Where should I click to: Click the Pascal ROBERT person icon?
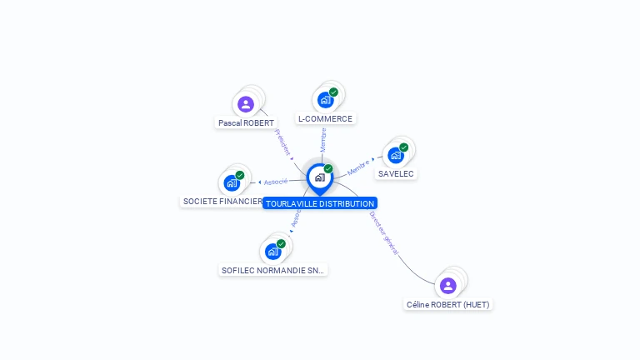[x=245, y=104]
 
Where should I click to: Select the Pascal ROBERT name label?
[x=246, y=122]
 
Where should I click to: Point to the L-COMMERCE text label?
[x=325, y=118]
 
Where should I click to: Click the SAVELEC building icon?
[x=395, y=155]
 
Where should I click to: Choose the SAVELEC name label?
[x=396, y=173]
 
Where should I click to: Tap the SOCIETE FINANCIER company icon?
[x=231, y=182]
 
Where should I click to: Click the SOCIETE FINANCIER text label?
[x=222, y=202]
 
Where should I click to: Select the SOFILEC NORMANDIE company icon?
[x=272, y=251]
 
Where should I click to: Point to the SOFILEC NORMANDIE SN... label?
[x=272, y=270]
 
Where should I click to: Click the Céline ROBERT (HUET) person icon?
[x=447, y=286]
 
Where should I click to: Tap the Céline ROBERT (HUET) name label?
[x=447, y=304]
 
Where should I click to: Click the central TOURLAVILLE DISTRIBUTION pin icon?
[x=319, y=177]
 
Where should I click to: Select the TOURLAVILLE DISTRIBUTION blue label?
[x=320, y=203]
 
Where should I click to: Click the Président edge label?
[x=282, y=143]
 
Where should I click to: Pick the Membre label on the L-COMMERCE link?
[x=323, y=139]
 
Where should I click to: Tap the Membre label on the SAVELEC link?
[x=358, y=166]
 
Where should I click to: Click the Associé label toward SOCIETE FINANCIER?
[x=275, y=182]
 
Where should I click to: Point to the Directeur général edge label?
[x=383, y=232]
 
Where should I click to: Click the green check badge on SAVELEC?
[x=404, y=147]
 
